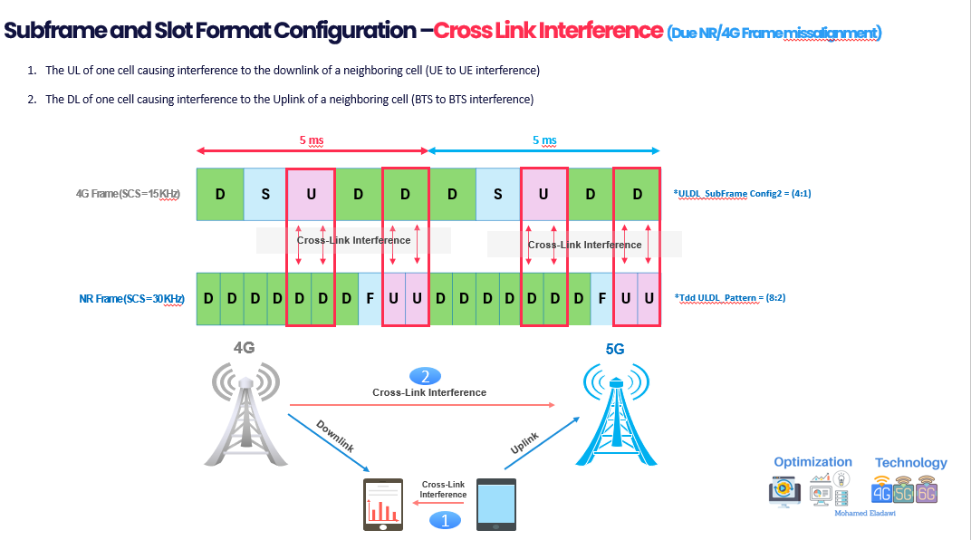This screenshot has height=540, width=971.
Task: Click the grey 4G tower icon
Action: coord(244,413)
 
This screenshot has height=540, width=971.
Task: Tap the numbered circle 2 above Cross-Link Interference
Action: coord(425,376)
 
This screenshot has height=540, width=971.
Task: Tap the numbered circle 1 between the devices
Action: coord(444,519)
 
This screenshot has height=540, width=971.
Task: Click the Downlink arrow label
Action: coord(334,437)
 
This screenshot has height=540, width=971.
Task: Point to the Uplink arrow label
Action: coord(525,443)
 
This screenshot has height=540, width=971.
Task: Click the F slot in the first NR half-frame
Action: coord(370,299)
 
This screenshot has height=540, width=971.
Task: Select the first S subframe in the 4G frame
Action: coord(266,195)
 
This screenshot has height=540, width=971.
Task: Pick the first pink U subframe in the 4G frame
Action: coord(312,195)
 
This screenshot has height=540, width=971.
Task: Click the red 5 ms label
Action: coord(312,140)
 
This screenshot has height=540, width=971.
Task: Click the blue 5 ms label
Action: coord(544,140)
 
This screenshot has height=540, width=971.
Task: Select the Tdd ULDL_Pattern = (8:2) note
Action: coord(723,297)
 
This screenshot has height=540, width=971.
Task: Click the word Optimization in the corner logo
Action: coord(812,462)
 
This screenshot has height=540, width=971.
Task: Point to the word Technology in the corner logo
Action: coord(910,462)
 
